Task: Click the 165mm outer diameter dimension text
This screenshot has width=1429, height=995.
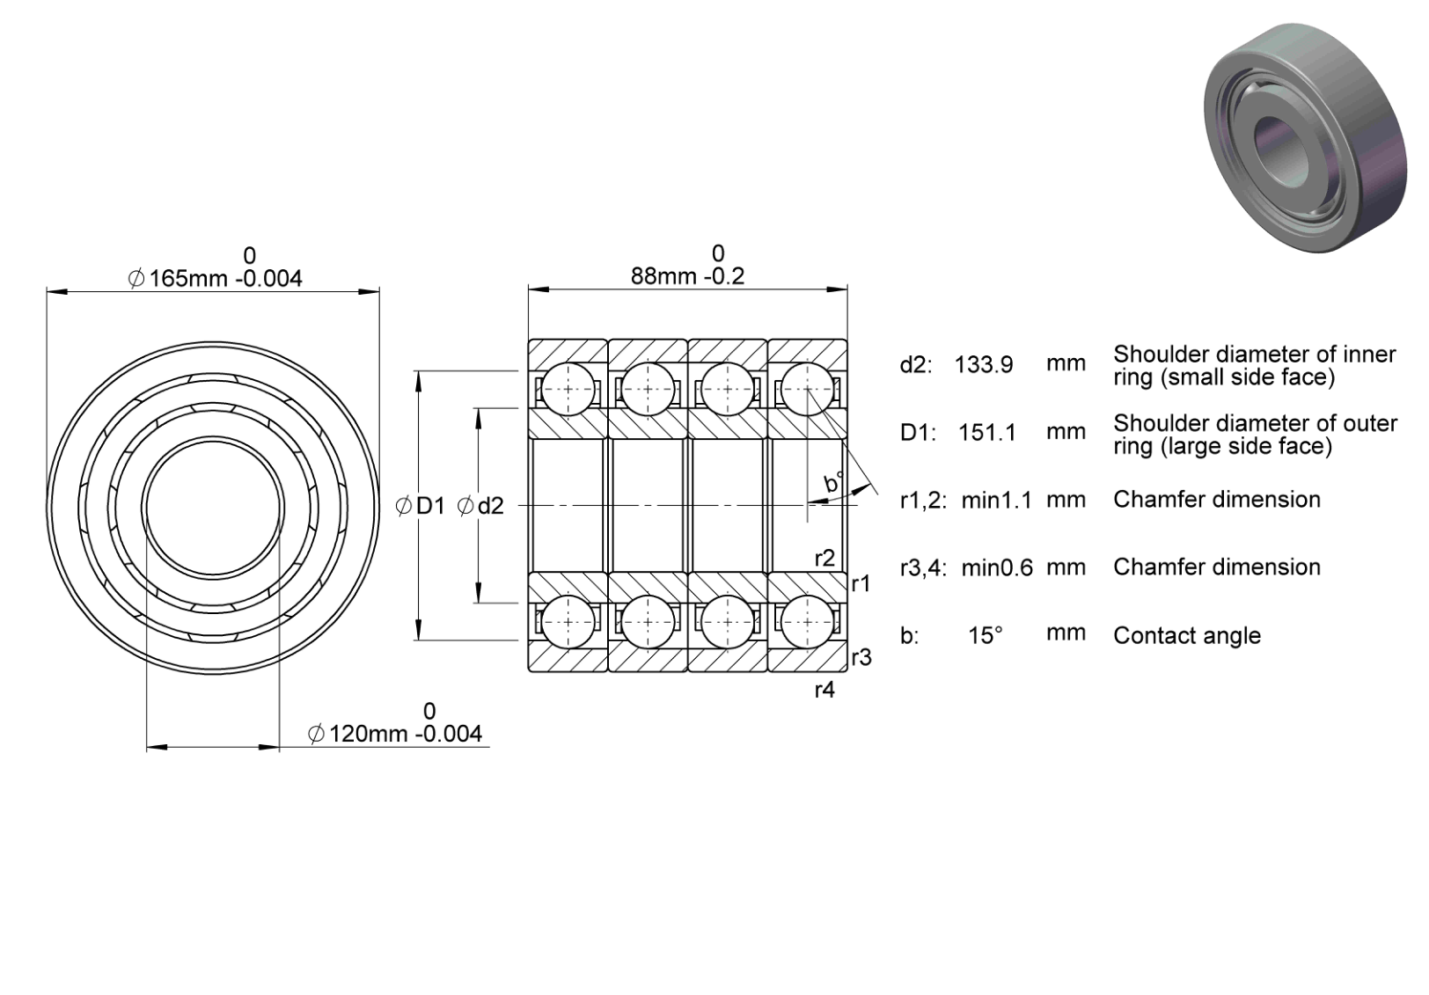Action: [x=188, y=279]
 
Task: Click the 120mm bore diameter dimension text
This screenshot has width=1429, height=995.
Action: [x=369, y=734]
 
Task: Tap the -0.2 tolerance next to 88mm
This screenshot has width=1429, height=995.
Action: [x=723, y=276]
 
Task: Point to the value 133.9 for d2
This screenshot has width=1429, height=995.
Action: [x=984, y=365]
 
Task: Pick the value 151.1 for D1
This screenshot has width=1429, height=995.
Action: [x=987, y=433]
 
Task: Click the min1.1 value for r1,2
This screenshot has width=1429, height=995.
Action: [x=996, y=500]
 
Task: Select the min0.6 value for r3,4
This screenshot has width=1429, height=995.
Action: [x=996, y=567]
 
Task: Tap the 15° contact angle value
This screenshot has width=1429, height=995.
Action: [x=986, y=635]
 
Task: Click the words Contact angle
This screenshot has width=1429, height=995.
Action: [x=1187, y=636]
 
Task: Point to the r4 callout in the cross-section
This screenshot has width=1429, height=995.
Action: [x=824, y=690]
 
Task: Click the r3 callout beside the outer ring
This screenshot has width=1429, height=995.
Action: [x=861, y=657]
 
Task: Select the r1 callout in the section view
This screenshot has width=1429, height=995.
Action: [x=861, y=583]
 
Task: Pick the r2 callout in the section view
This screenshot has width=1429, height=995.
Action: [x=824, y=559]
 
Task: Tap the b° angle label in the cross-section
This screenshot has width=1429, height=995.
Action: [x=833, y=483]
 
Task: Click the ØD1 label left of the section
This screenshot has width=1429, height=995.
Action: [x=420, y=507]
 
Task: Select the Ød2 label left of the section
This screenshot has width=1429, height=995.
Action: [x=481, y=507]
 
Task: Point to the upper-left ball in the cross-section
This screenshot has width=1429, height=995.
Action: [x=568, y=389]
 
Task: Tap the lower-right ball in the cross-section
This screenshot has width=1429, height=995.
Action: [x=807, y=622]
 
